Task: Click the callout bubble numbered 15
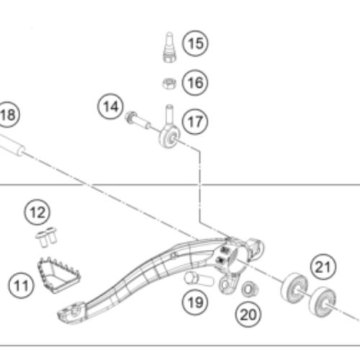(x=193, y=44)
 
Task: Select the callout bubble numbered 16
(x=193, y=82)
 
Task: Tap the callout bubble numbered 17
(x=193, y=122)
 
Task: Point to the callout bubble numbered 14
(x=109, y=108)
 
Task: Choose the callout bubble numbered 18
(x=7, y=114)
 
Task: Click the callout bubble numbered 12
(x=37, y=212)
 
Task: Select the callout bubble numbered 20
(x=248, y=314)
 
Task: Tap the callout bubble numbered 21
(x=323, y=267)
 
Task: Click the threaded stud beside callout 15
(x=168, y=44)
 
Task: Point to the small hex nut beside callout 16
(x=166, y=83)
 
